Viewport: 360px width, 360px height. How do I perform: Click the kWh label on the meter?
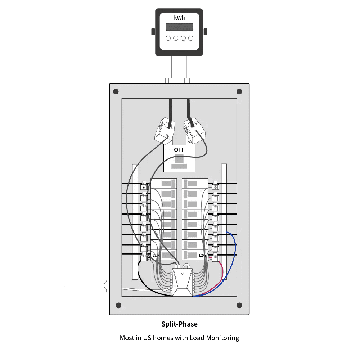click(179, 18)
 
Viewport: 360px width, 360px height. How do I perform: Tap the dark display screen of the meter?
click(179, 27)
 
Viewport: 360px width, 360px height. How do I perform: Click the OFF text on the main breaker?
click(179, 150)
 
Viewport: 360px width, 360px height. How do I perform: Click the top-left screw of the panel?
click(116, 91)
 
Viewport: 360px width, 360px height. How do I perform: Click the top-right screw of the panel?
click(239, 91)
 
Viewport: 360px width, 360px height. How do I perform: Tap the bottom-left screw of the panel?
click(118, 305)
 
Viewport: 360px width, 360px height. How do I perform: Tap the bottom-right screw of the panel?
click(239, 305)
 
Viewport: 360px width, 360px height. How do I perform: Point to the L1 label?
click(155, 255)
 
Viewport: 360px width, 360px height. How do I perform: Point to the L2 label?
click(202, 255)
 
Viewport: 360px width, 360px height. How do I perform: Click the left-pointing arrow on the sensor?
click(144, 187)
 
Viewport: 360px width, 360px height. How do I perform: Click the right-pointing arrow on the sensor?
click(215, 187)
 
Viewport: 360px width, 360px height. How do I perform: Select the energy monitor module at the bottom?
click(183, 282)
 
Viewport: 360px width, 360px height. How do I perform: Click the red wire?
click(222, 275)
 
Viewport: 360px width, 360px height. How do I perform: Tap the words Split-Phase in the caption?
click(179, 324)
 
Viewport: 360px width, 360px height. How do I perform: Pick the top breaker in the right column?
click(195, 184)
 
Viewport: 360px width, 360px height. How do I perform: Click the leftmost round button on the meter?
click(168, 38)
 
